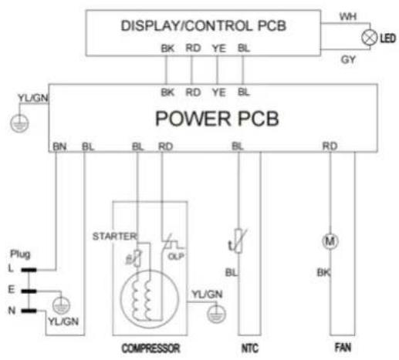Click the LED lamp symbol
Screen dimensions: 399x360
point(370,38)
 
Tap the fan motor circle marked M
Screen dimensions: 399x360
point(330,241)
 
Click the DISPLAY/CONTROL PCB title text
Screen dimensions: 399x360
point(204,25)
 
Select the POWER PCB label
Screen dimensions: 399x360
point(217,119)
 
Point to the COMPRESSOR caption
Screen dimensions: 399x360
point(150,348)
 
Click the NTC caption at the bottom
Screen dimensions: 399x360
point(250,348)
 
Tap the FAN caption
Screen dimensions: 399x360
point(343,348)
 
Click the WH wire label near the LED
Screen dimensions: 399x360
point(348,17)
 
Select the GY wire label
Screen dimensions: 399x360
point(348,59)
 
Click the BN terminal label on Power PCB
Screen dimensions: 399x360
point(59,146)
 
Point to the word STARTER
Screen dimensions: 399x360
point(114,236)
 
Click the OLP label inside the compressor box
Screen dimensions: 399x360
point(176,256)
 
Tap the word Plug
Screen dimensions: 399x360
point(20,254)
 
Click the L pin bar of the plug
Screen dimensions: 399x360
point(29,270)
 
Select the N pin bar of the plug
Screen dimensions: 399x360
point(29,311)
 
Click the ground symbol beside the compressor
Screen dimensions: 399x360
point(216,314)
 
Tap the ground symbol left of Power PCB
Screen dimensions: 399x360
point(19,123)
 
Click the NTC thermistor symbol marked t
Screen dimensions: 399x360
point(238,241)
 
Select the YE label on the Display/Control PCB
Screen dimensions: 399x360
point(219,49)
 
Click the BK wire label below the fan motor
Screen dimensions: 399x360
point(323,272)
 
